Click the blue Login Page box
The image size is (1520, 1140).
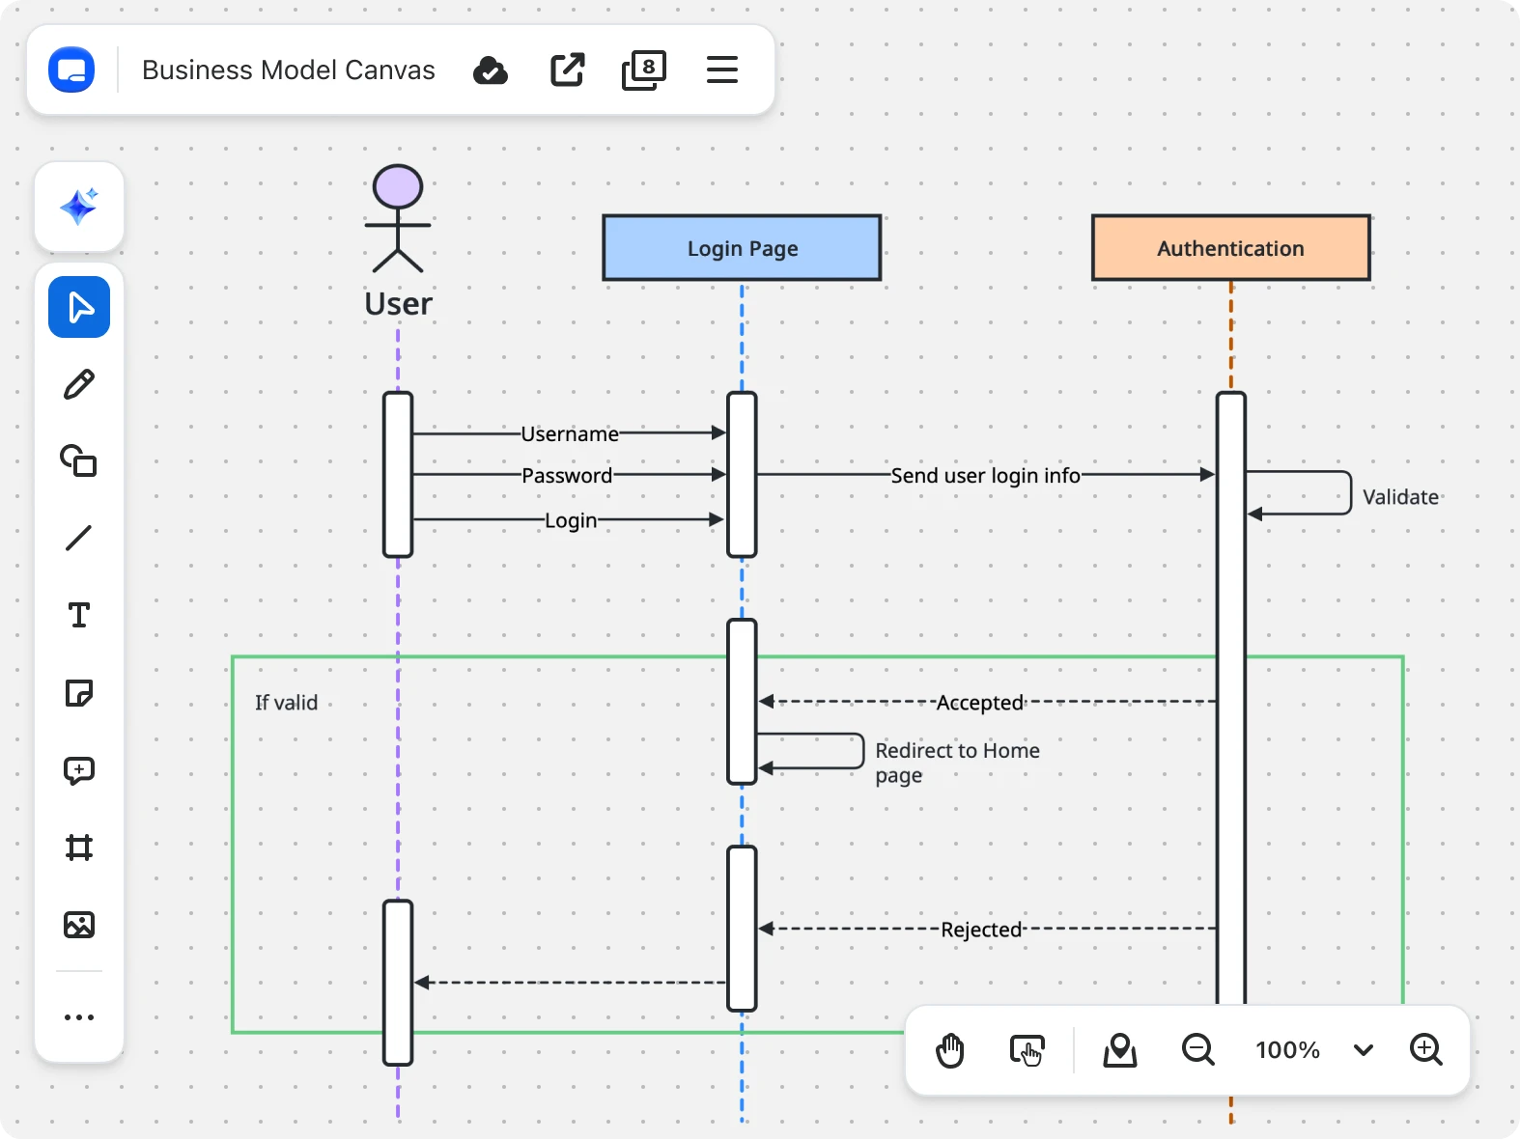(742, 248)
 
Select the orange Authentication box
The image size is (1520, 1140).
(1230, 248)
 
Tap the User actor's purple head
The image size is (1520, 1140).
(398, 186)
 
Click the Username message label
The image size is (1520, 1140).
(570, 434)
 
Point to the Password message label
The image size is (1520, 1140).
(567, 476)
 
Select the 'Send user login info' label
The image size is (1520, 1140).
(985, 476)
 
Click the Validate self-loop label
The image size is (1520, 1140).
(1400, 497)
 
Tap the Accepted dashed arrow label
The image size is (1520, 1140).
(979, 703)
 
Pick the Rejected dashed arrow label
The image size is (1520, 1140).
(981, 930)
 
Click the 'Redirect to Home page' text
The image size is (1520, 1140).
(956, 763)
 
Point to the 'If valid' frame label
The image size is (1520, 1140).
(286, 703)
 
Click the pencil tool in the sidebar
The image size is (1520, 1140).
(79, 384)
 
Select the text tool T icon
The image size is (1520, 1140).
(79, 616)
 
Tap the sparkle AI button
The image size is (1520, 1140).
(79, 207)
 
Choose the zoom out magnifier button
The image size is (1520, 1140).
(1197, 1049)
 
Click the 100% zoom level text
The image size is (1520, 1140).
(1287, 1050)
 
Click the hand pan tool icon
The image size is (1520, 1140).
(950, 1050)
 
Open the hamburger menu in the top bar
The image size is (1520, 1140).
(721, 70)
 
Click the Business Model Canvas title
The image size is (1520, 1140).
(288, 70)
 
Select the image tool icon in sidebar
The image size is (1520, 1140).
(79, 925)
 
